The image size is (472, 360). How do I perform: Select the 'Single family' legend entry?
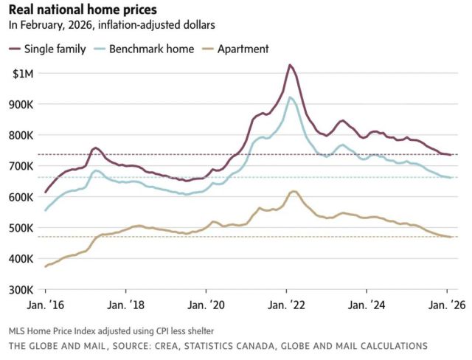[x=55, y=49]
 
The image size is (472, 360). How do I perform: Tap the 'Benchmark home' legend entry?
[x=151, y=49]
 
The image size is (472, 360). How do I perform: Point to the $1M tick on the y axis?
[x=23, y=73]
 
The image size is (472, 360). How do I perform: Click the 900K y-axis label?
[x=21, y=104]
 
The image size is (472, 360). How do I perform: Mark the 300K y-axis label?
[x=21, y=289]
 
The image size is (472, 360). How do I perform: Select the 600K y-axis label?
[x=21, y=197]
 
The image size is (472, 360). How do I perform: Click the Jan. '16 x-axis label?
[x=46, y=303]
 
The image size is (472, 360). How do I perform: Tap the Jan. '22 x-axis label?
[x=287, y=303]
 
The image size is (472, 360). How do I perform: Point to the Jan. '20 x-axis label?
[x=207, y=303]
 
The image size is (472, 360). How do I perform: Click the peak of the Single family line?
[x=289, y=65]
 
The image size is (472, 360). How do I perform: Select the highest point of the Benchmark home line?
[x=290, y=97]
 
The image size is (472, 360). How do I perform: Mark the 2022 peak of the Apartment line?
[x=294, y=191]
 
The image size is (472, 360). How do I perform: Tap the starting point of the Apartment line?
[x=46, y=266]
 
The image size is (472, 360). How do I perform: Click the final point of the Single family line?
[x=448, y=154]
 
